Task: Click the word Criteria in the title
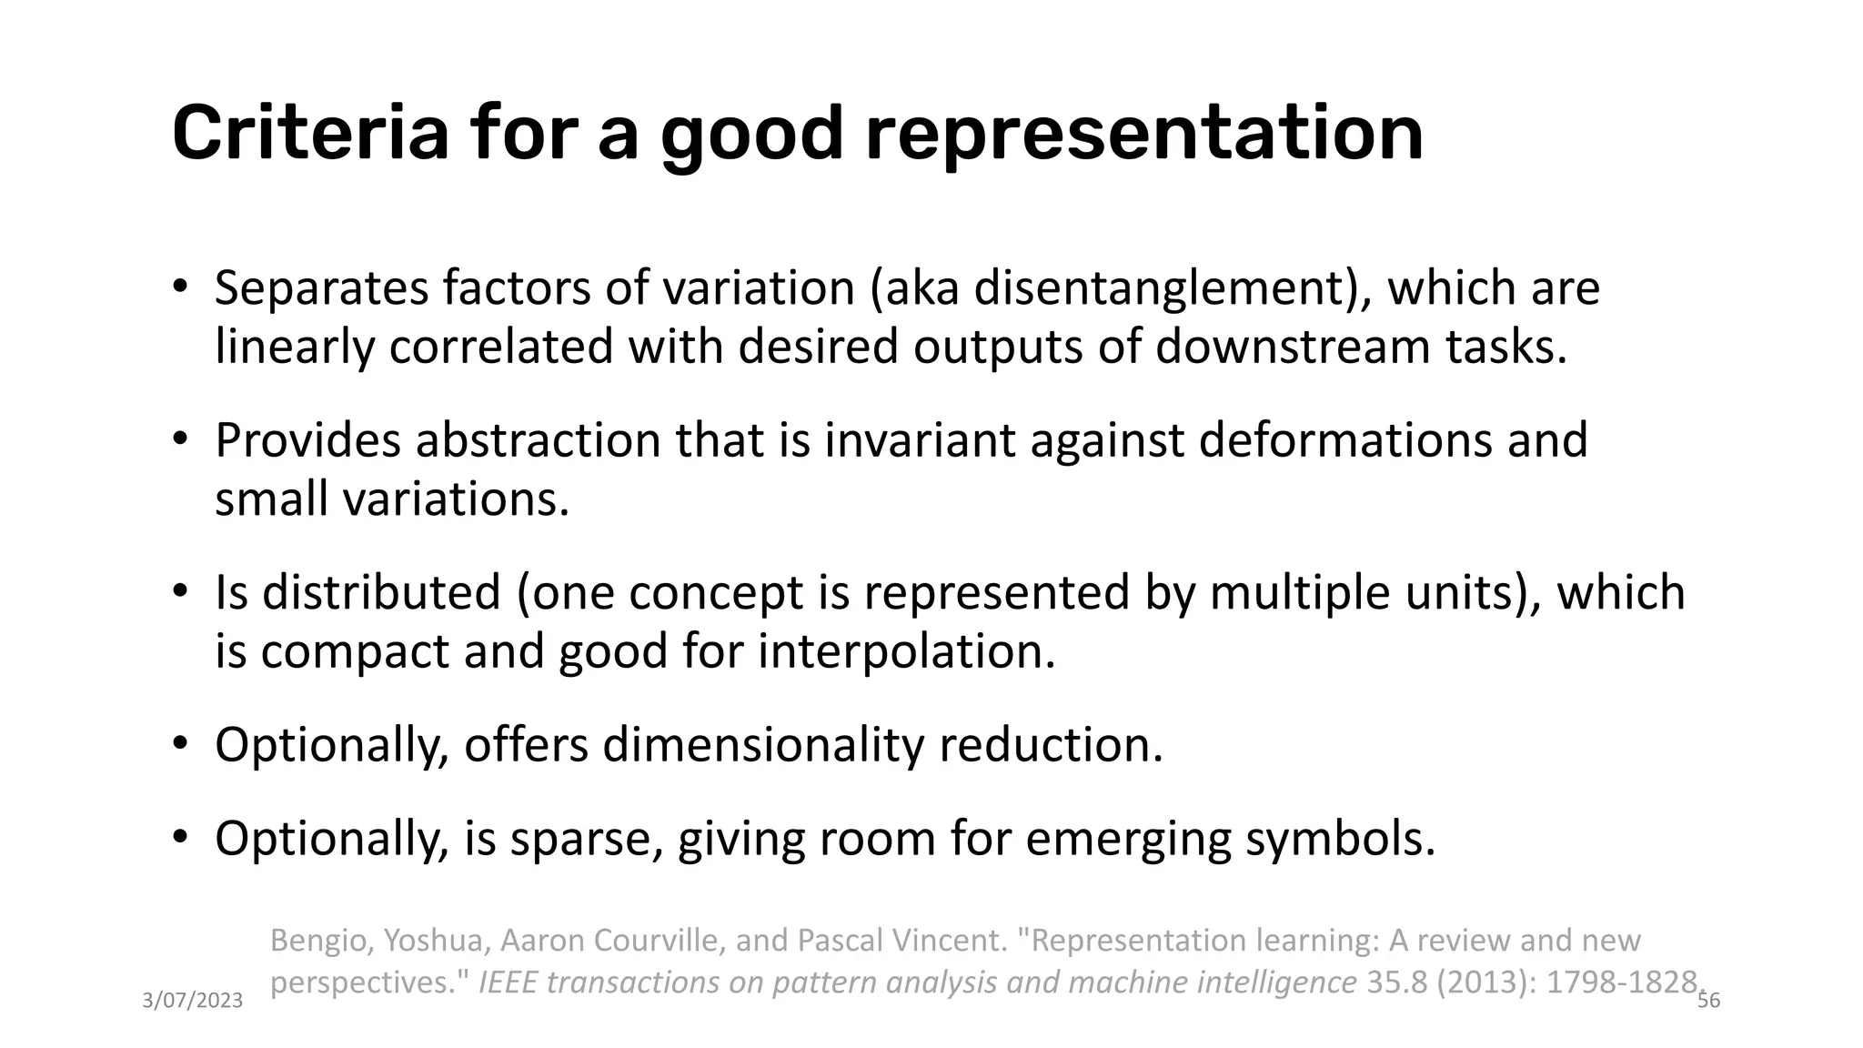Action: (310, 134)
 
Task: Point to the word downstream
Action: (1292, 348)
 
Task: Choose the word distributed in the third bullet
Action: (382, 592)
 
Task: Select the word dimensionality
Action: (762, 745)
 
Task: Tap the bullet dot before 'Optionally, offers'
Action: (180, 743)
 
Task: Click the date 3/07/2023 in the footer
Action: (193, 1002)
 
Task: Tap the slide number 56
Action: (1709, 1002)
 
